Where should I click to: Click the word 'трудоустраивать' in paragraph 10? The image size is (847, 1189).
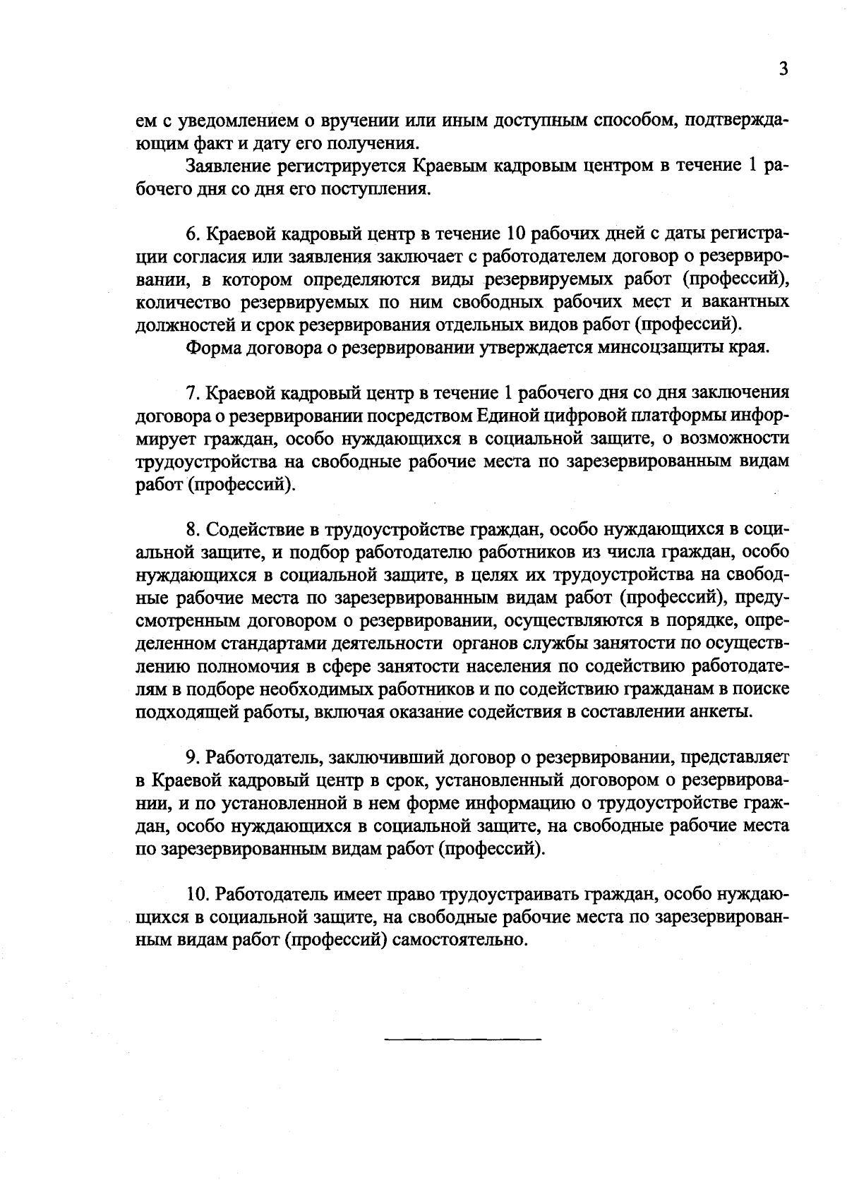[x=510, y=894]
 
